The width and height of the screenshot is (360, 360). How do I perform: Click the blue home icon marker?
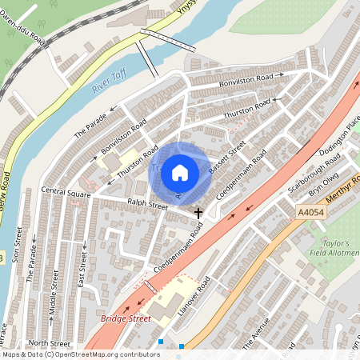click(x=180, y=173)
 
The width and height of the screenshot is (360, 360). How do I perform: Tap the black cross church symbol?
click(x=199, y=213)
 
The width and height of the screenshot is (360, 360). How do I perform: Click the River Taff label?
click(x=110, y=80)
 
